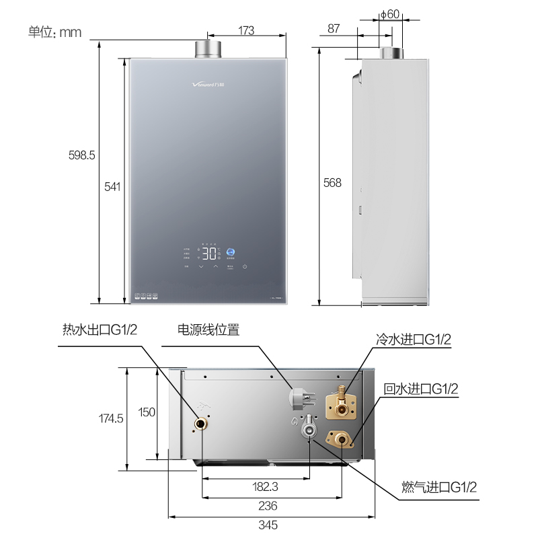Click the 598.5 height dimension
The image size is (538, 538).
tap(82, 155)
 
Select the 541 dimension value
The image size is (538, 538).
tap(112, 187)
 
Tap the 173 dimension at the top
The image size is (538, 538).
tap(247, 30)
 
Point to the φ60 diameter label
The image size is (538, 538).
tap(390, 13)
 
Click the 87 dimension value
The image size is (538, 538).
tap(334, 28)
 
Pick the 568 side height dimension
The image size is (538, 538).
tap(332, 182)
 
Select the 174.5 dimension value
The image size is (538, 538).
tap(111, 418)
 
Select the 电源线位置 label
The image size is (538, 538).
tap(208, 330)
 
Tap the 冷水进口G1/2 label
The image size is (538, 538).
tap(413, 340)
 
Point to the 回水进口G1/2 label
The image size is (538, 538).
tap(421, 388)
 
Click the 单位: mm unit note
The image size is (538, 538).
tap(54, 32)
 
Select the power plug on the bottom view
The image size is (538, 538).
tap(298, 398)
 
